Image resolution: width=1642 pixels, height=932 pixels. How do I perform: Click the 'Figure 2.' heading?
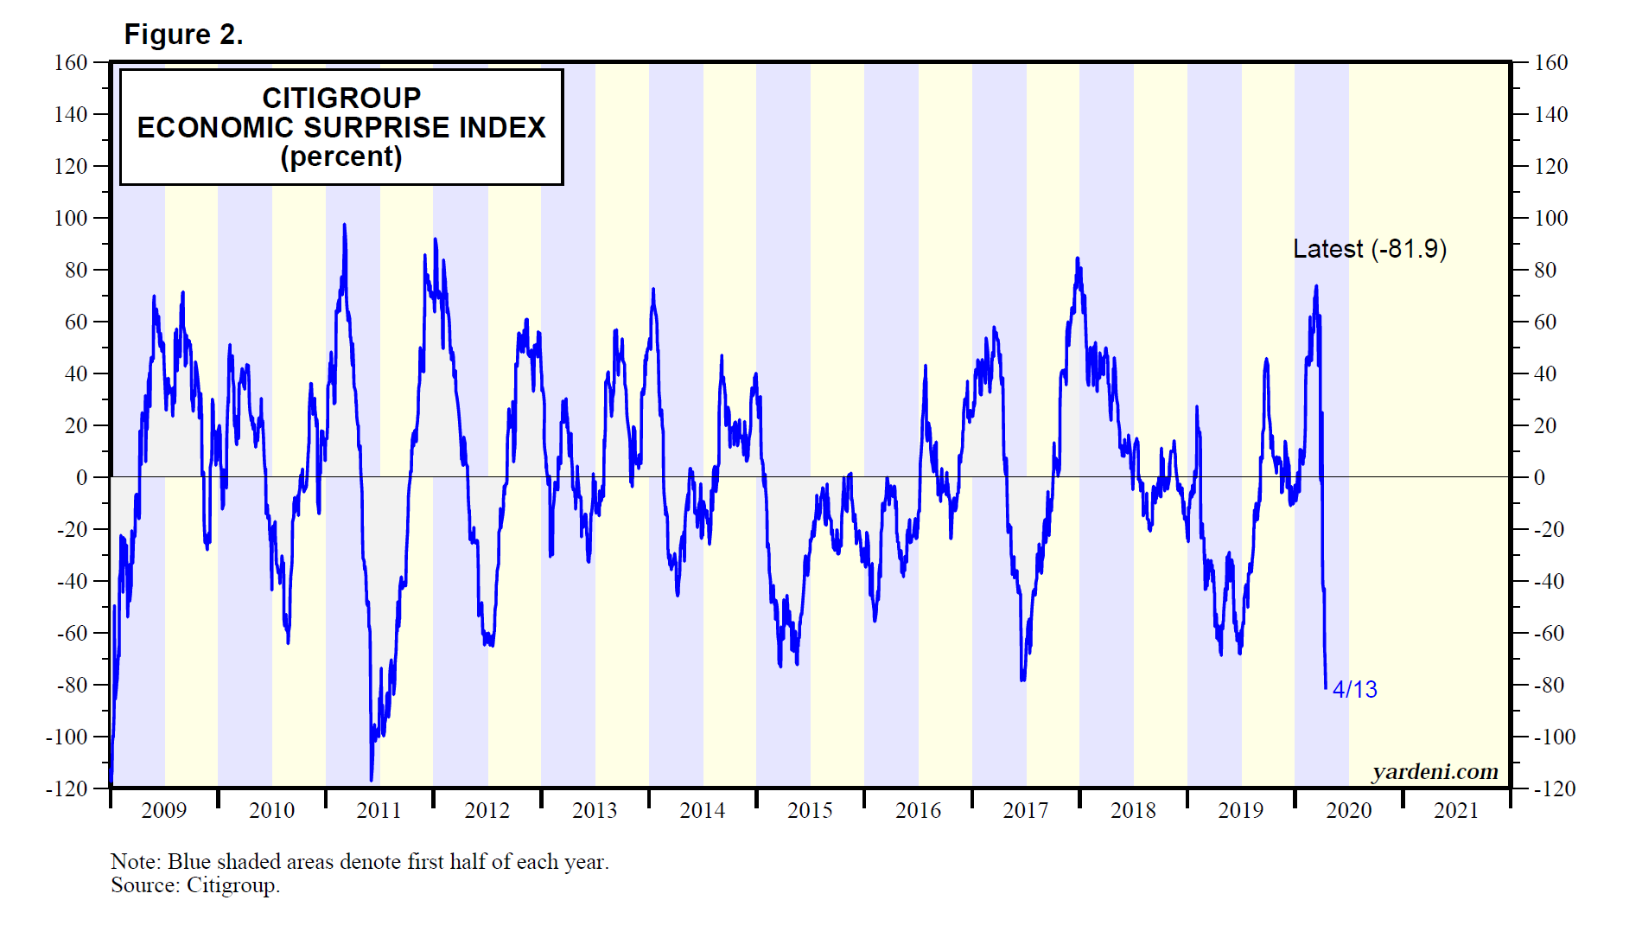click(183, 35)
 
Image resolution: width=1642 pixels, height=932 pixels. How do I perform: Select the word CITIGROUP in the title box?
click(341, 98)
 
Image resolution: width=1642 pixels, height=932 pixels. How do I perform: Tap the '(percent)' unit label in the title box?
click(341, 156)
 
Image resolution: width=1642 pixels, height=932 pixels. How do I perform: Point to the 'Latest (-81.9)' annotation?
click(1369, 249)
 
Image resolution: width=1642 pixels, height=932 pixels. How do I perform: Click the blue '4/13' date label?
click(1354, 689)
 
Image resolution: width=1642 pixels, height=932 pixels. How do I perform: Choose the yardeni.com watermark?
click(1435, 771)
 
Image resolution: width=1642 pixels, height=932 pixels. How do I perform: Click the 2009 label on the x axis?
click(164, 810)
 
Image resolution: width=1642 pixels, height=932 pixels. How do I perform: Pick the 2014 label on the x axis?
click(702, 810)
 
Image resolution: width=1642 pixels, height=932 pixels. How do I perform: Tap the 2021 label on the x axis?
click(1456, 810)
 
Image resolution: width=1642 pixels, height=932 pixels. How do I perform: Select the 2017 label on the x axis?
click(1025, 810)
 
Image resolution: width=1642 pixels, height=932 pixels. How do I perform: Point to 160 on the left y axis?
click(71, 62)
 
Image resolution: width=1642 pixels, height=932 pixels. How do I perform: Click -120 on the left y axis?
click(67, 788)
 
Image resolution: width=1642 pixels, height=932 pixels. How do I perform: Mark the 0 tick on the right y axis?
click(1539, 477)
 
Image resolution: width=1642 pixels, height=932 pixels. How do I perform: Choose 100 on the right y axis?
click(1550, 218)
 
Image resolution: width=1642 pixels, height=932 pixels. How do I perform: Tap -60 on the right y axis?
click(1550, 633)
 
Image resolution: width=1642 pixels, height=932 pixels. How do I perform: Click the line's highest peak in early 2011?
click(345, 225)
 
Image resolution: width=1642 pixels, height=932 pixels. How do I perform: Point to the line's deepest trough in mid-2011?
click(372, 780)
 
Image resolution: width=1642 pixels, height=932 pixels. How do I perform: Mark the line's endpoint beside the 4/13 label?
click(1326, 688)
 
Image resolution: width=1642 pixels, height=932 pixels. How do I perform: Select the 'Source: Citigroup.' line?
click(195, 885)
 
